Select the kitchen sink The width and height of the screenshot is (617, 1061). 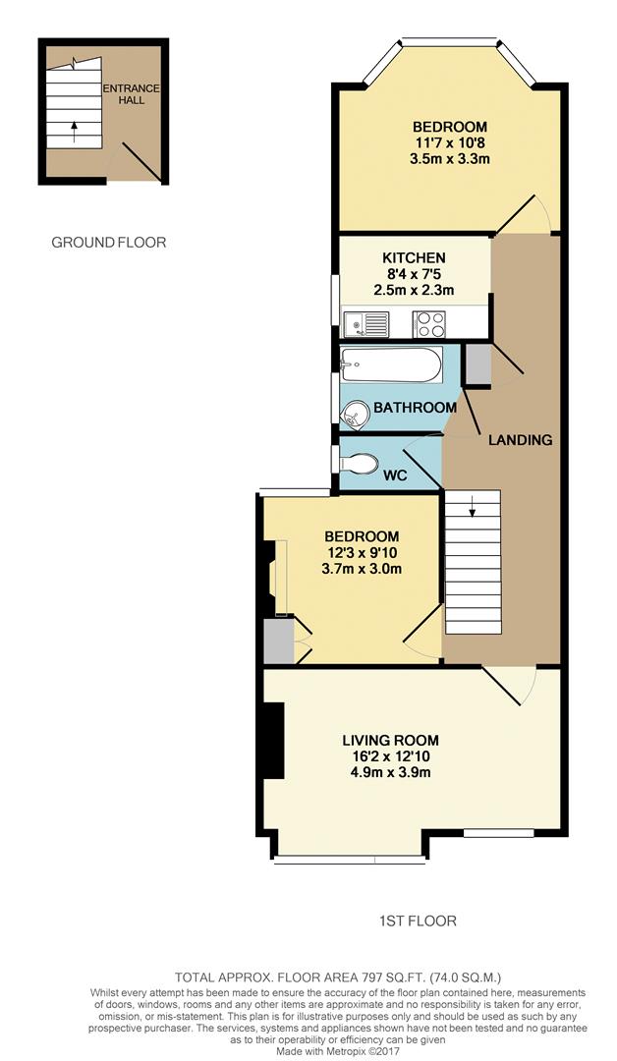pyautogui.click(x=365, y=319)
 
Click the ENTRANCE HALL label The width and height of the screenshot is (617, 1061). pyautogui.click(x=132, y=95)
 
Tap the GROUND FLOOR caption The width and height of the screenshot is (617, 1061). pyautogui.click(x=108, y=242)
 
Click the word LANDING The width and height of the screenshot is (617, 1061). pyautogui.click(x=520, y=440)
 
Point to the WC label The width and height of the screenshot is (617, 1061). pyautogui.click(x=395, y=475)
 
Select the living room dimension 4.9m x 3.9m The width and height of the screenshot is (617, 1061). pyautogui.click(x=390, y=772)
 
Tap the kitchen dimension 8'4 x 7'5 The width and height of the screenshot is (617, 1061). pyautogui.click(x=414, y=274)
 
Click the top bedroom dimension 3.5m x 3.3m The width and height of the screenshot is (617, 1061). pyautogui.click(x=449, y=158)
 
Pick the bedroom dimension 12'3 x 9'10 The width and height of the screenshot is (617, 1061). pyautogui.click(x=362, y=552)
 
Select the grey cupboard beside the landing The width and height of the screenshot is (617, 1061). pyautogui.click(x=477, y=363)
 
